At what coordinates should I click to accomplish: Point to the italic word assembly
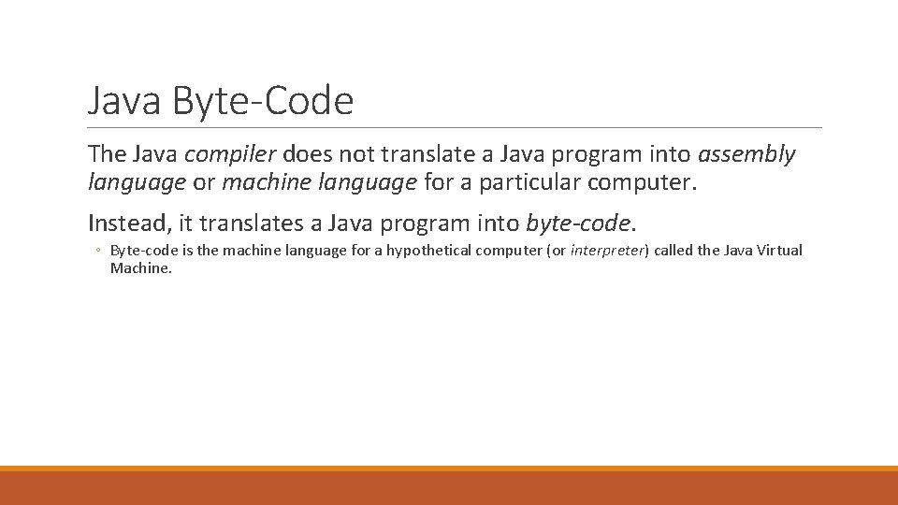pyautogui.click(x=746, y=153)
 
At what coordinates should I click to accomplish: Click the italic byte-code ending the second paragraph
pyautogui.click(x=578, y=223)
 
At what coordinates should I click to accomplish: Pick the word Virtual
pyautogui.click(x=778, y=251)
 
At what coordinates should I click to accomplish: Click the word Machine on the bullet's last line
pyautogui.click(x=139, y=268)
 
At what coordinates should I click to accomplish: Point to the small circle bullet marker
pyautogui.click(x=97, y=251)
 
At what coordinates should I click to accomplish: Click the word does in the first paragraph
pyautogui.click(x=306, y=153)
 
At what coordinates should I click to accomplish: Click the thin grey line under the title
pyautogui.click(x=455, y=127)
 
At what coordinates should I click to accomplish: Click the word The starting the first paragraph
pyautogui.click(x=108, y=153)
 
